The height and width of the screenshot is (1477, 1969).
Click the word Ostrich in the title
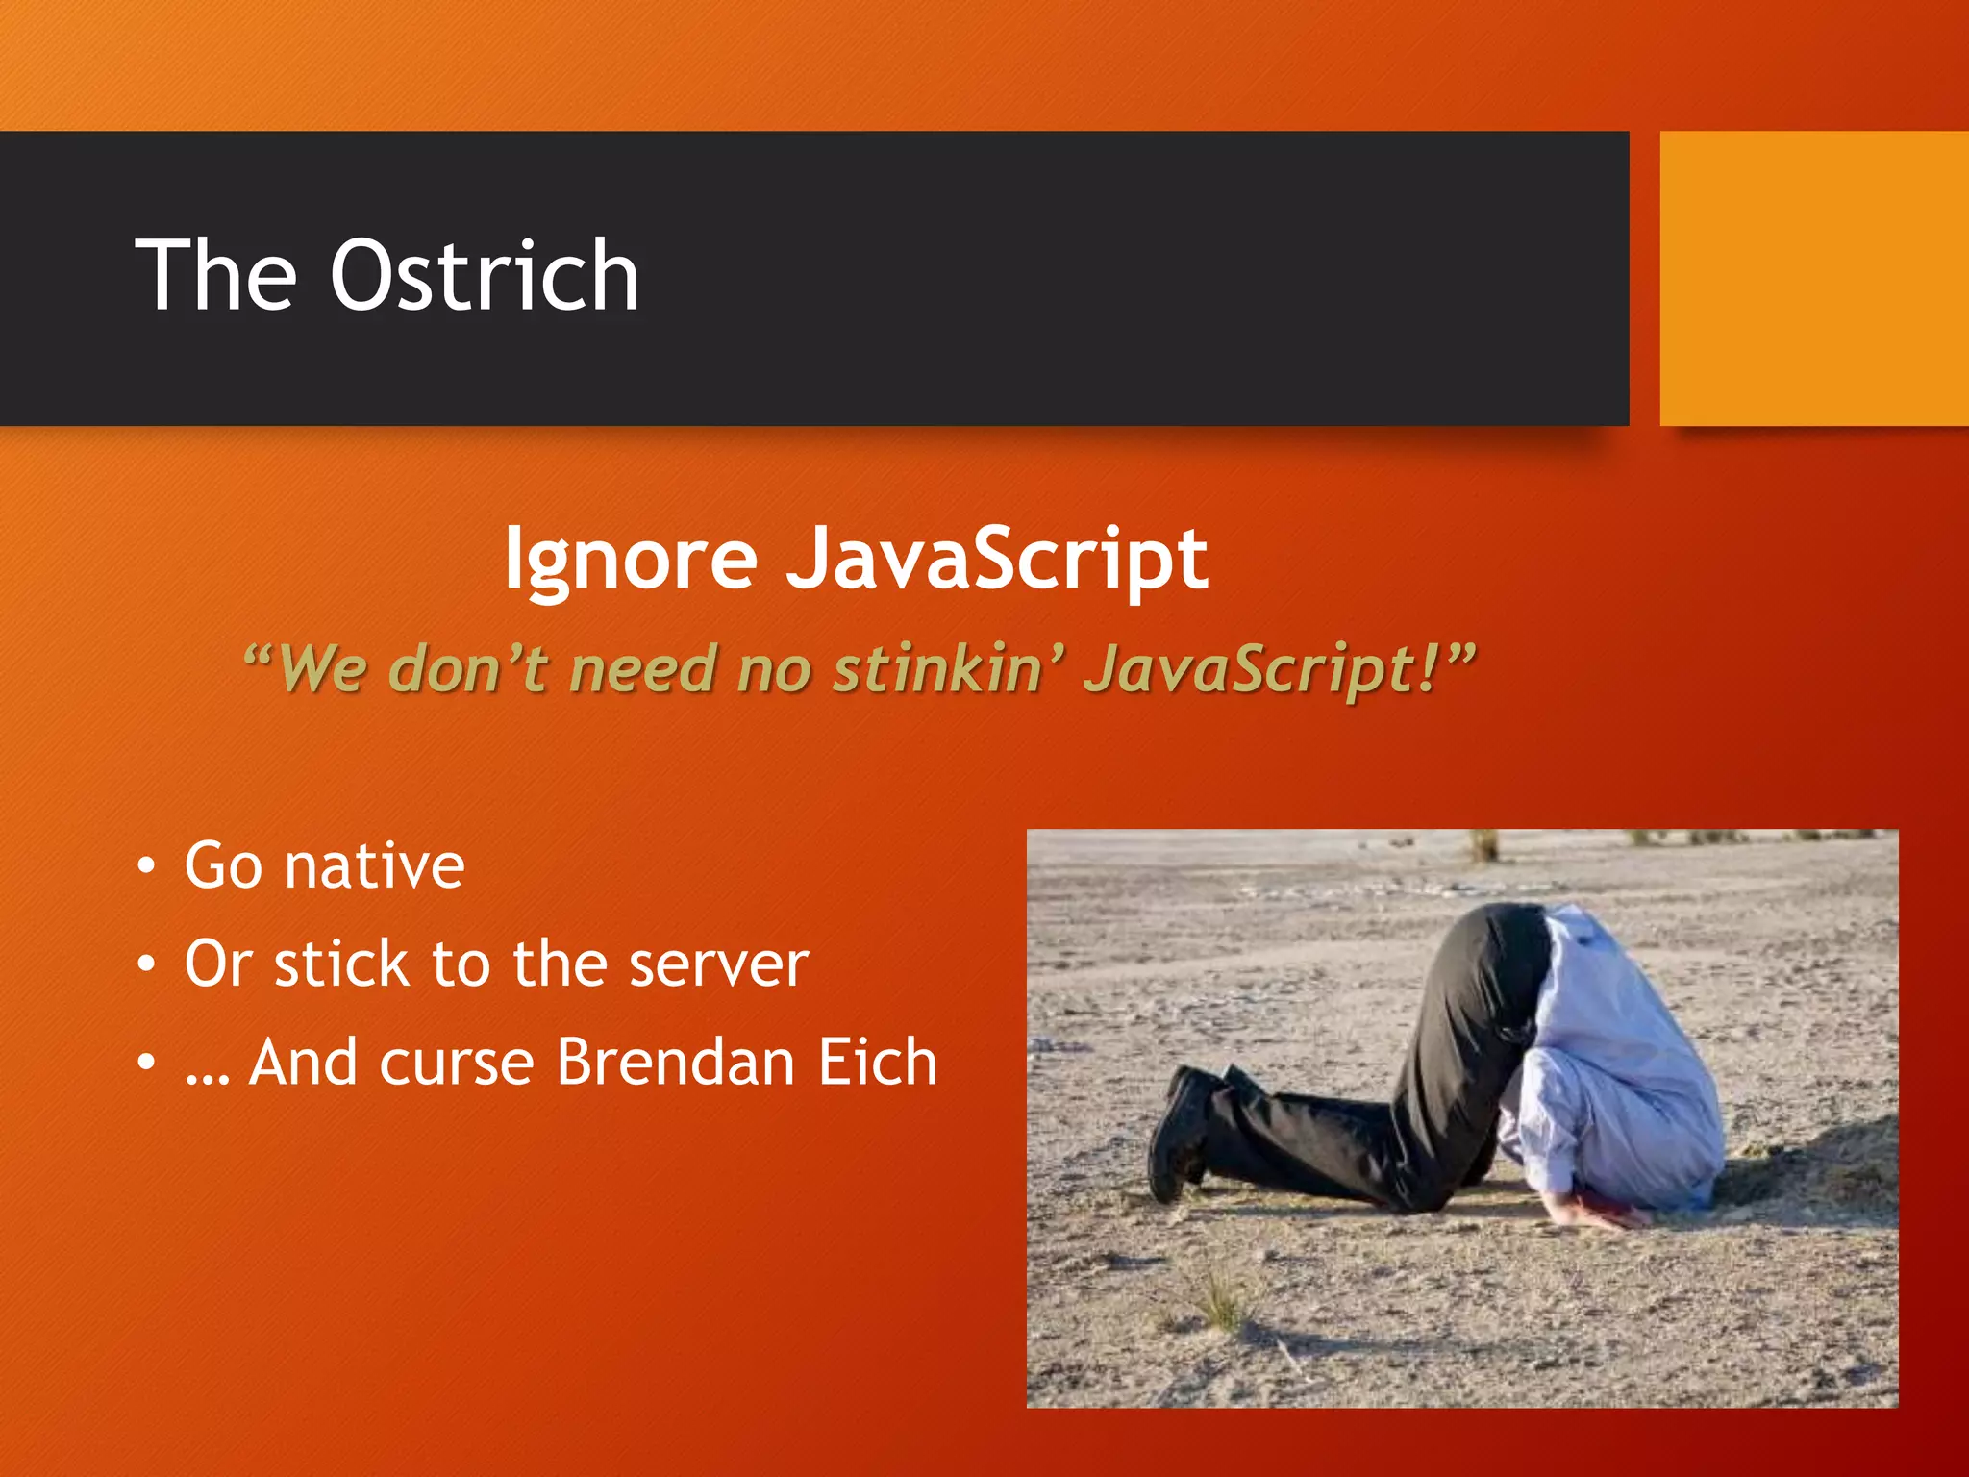tap(485, 277)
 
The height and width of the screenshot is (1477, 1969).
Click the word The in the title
tap(216, 277)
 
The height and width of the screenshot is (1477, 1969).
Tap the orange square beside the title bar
tap(1813, 279)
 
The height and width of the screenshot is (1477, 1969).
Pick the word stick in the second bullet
tap(341, 964)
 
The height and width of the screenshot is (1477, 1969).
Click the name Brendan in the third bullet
tap(676, 1063)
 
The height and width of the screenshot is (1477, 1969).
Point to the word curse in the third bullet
tap(457, 1063)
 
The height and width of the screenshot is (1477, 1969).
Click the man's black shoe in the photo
tap(1181, 1135)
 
